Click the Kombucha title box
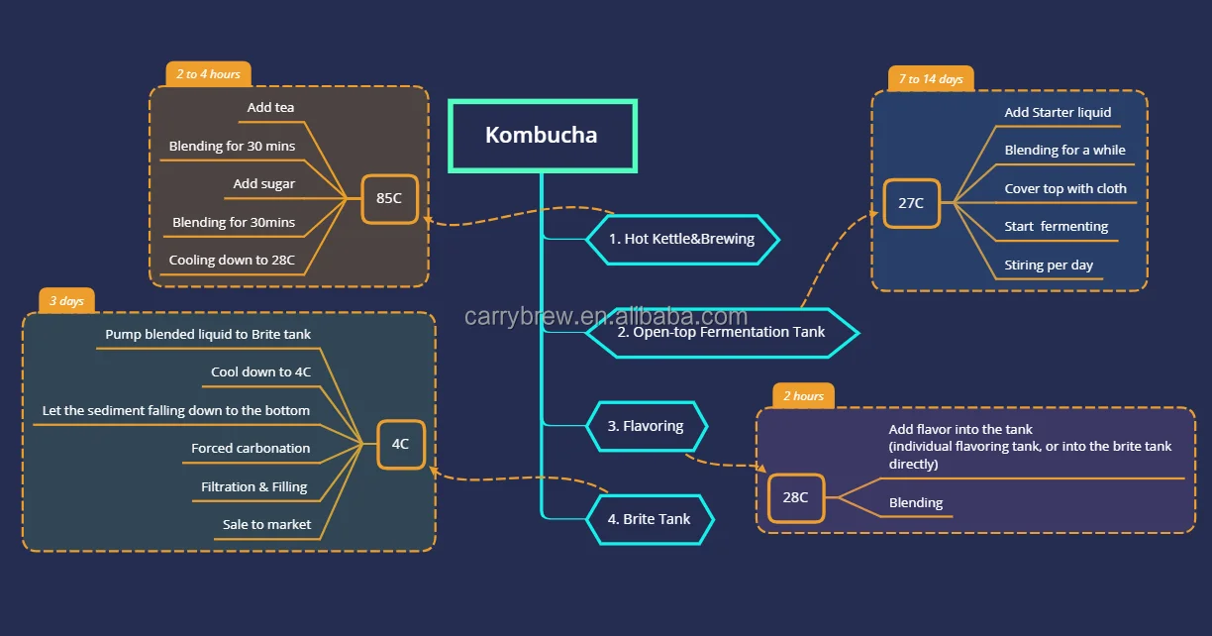[x=542, y=136]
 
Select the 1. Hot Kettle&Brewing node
[x=681, y=239]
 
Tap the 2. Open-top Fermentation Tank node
[x=721, y=332]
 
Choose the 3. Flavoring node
[x=646, y=426]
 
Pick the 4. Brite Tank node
[x=649, y=519]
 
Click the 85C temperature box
[x=389, y=198]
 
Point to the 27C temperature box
[x=911, y=203]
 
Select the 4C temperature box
[x=400, y=444]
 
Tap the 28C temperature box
[x=796, y=497]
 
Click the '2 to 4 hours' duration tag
[x=208, y=74]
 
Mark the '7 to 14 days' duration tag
[x=930, y=79]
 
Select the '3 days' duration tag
[x=67, y=301]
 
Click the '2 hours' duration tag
[x=803, y=396]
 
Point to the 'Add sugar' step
[x=264, y=184]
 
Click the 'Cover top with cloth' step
[x=1065, y=189]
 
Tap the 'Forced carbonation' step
[x=251, y=449]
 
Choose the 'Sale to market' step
[x=266, y=525]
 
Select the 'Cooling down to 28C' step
[x=232, y=261]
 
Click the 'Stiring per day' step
[x=1049, y=265]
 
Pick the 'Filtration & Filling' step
[x=254, y=487]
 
